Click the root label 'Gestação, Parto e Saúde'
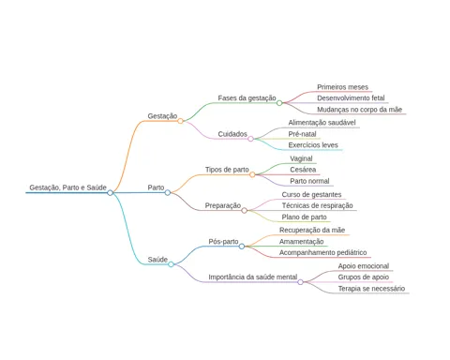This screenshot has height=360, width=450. (x=67, y=187)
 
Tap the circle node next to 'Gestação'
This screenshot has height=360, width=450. (x=180, y=121)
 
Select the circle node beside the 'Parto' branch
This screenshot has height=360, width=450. (x=168, y=192)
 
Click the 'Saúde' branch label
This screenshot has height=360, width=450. (x=157, y=260)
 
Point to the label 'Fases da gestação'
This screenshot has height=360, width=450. (x=247, y=98)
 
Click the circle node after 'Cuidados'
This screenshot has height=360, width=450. (x=250, y=139)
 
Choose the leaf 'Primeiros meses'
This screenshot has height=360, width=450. (x=342, y=87)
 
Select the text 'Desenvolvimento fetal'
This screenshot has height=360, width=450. (x=351, y=98)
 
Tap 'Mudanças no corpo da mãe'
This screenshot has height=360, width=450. (x=359, y=110)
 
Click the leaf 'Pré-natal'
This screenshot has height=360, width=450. (x=302, y=134)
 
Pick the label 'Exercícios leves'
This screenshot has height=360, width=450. (x=313, y=145)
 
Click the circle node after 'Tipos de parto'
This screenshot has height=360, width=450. (x=252, y=174)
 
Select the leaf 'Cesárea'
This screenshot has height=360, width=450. (x=303, y=170)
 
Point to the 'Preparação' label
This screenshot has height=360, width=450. (x=223, y=205)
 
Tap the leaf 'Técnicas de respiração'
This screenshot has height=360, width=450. (x=317, y=205)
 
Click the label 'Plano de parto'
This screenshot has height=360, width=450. (x=304, y=217)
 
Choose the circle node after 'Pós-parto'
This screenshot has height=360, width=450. (x=242, y=247)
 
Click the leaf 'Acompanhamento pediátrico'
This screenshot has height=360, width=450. (x=322, y=252)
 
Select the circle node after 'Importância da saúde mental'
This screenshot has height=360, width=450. (x=300, y=282)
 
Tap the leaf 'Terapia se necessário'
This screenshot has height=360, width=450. (x=371, y=289)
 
